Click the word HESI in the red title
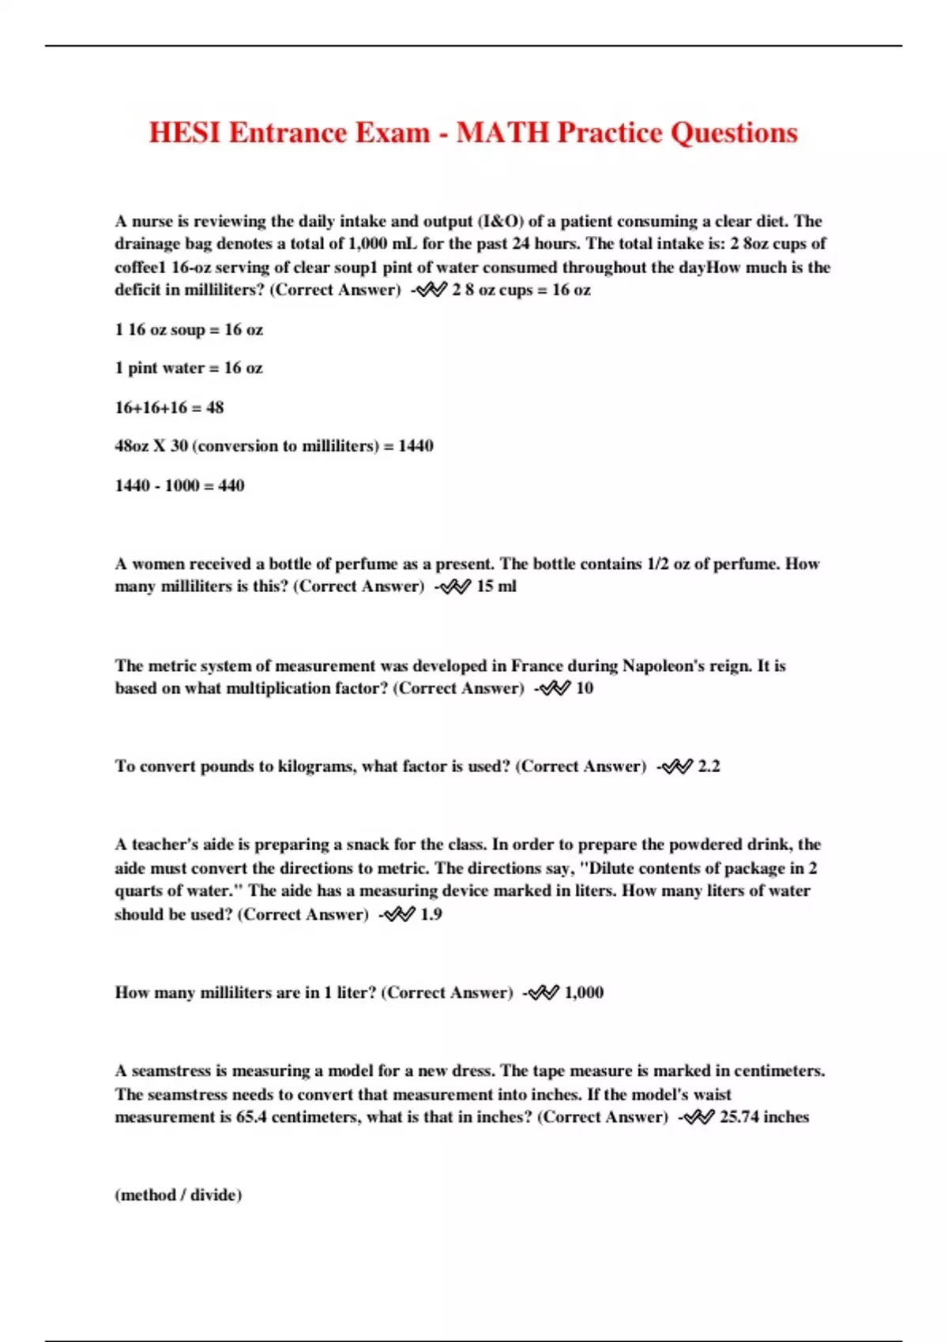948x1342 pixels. [x=185, y=133]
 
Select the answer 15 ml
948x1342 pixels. [x=496, y=587]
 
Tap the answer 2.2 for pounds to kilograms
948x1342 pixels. [x=709, y=767]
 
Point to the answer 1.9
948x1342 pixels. [x=431, y=914]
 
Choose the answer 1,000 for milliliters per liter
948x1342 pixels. [x=584, y=992]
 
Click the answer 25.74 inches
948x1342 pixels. [x=764, y=1117]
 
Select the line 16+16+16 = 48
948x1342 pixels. [x=169, y=407]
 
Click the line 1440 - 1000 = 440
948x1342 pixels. [x=179, y=485]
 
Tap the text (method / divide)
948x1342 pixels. [x=179, y=1194]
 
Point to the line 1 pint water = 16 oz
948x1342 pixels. [x=189, y=368]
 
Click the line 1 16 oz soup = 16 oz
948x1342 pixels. [x=189, y=329]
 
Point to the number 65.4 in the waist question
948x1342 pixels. [x=251, y=1117]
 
